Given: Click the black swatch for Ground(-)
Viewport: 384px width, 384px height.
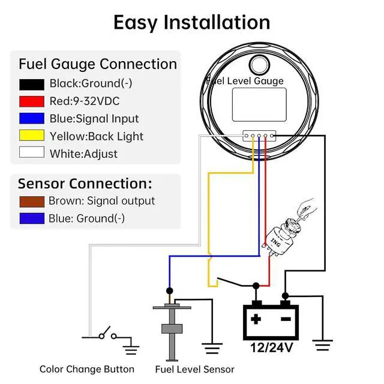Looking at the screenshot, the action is tap(32, 85).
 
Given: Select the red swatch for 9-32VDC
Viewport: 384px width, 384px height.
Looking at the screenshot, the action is tap(32, 101).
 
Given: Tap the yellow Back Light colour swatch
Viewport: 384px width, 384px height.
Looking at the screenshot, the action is tap(32, 135).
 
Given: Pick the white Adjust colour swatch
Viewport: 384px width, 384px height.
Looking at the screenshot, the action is tap(32, 152).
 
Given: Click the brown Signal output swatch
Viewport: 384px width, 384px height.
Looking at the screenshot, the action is tap(32, 202).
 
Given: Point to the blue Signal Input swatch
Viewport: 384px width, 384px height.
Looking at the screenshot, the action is tap(32, 118).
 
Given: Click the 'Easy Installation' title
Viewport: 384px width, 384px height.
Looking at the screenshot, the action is tap(192, 23).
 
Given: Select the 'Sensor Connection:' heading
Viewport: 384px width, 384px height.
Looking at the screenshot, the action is tap(85, 184).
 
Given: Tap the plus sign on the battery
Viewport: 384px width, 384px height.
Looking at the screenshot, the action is tap(256, 319).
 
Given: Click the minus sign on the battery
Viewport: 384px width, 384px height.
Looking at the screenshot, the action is tap(286, 319).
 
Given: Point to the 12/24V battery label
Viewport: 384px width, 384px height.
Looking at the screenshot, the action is tap(272, 347).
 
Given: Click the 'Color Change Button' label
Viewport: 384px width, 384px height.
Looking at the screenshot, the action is tap(87, 369).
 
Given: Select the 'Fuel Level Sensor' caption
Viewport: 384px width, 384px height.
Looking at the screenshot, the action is tap(194, 370).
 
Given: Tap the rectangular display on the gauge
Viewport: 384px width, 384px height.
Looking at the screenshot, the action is tap(259, 104).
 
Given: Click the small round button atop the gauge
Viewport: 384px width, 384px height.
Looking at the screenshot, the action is tap(259, 65).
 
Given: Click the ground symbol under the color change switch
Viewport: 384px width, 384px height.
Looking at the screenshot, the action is tap(131, 350).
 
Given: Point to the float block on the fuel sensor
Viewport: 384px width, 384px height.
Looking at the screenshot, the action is tap(172, 329).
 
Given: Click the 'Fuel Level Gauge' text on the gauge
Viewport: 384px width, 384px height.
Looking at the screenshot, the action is tap(245, 81).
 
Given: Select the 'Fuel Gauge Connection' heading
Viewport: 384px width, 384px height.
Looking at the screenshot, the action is tap(98, 64).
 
